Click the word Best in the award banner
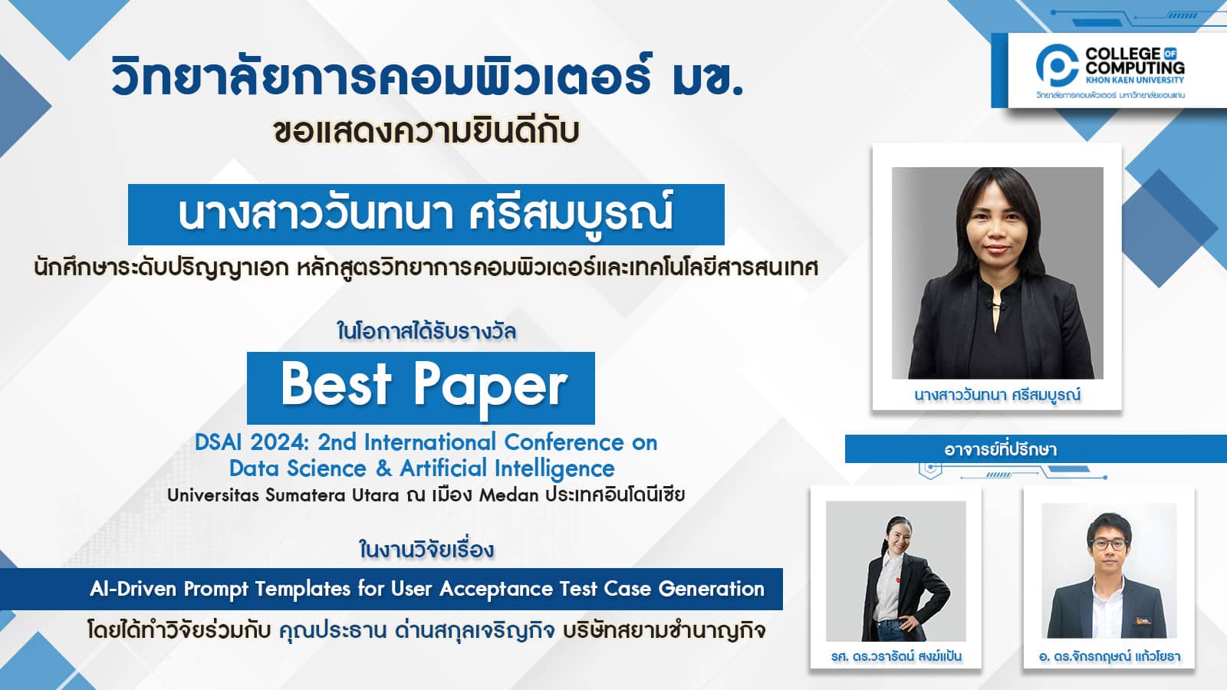pos(337,384)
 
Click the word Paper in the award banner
pos(490,389)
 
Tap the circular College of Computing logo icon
pos(1058,66)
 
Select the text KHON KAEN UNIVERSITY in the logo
pos(1134,80)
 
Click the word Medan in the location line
pos(509,495)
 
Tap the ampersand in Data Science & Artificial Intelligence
pos(383,468)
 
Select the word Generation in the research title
pos(711,589)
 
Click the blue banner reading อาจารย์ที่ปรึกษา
pos(1035,449)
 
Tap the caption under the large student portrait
pos(997,395)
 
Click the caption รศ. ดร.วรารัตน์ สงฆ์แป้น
pos(896,655)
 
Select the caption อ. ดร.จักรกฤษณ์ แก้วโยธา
pos(1110,655)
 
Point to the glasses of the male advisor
pos(1108,544)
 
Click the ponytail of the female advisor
pos(885,541)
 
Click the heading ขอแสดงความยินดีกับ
pos(426,131)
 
